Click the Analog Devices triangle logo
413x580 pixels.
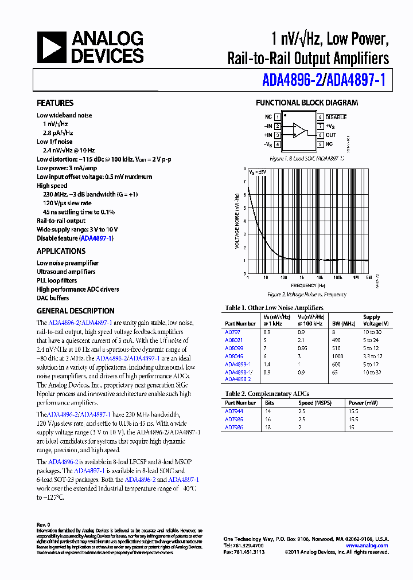(x=52, y=48)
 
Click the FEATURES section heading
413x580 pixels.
(x=55, y=103)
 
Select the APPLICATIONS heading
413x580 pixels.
(x=61, y=251)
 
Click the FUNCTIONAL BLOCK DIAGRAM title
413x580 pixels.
(x=306, y=103)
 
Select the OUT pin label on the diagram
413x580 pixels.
(x=331, y=135)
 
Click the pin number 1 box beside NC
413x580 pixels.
(x=278, y=116)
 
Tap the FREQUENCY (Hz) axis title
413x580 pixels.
(x=307, y=285)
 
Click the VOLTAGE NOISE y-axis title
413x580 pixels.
(x=237, y=221)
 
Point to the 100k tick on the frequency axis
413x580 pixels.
(x=338, y=277)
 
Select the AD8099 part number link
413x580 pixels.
(x=233, y=348)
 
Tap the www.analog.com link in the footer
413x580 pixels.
(x=367, y=546)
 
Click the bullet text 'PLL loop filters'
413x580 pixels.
(x=57, y=281)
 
